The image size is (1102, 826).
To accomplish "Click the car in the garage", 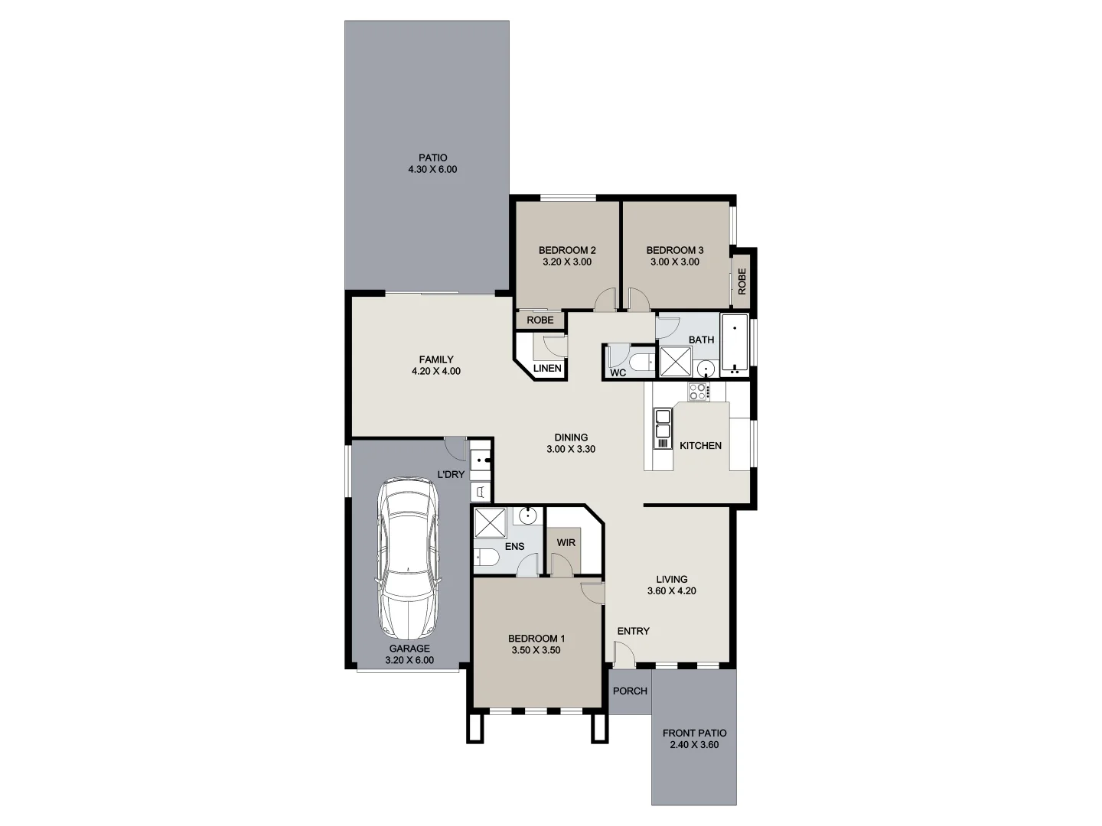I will click(409, 558).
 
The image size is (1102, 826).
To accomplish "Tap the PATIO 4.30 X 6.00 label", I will click(432, 164).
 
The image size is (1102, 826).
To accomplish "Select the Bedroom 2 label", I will click(567, 250).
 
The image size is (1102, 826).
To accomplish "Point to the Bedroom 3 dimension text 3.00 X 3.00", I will click(674, 262).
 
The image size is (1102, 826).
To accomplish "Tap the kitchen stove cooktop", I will click(698, 392).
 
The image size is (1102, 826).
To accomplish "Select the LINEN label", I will click(547, 368).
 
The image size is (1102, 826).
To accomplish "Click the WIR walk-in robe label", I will click(566, 542).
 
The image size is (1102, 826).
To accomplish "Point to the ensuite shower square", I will click(490, 522).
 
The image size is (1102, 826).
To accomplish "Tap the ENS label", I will click(514, 546).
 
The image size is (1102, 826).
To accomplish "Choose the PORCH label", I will click(630, 691).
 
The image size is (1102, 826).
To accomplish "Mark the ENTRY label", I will click(633, 631).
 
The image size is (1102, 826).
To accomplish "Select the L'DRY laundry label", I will click(451, 474).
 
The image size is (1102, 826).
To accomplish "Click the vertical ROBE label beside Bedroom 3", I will click(742, 281).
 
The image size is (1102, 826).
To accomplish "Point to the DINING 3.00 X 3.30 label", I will click(571, 444).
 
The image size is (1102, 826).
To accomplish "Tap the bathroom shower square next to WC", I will click(675, 362).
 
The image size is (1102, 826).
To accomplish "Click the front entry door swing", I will click(624, 652).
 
